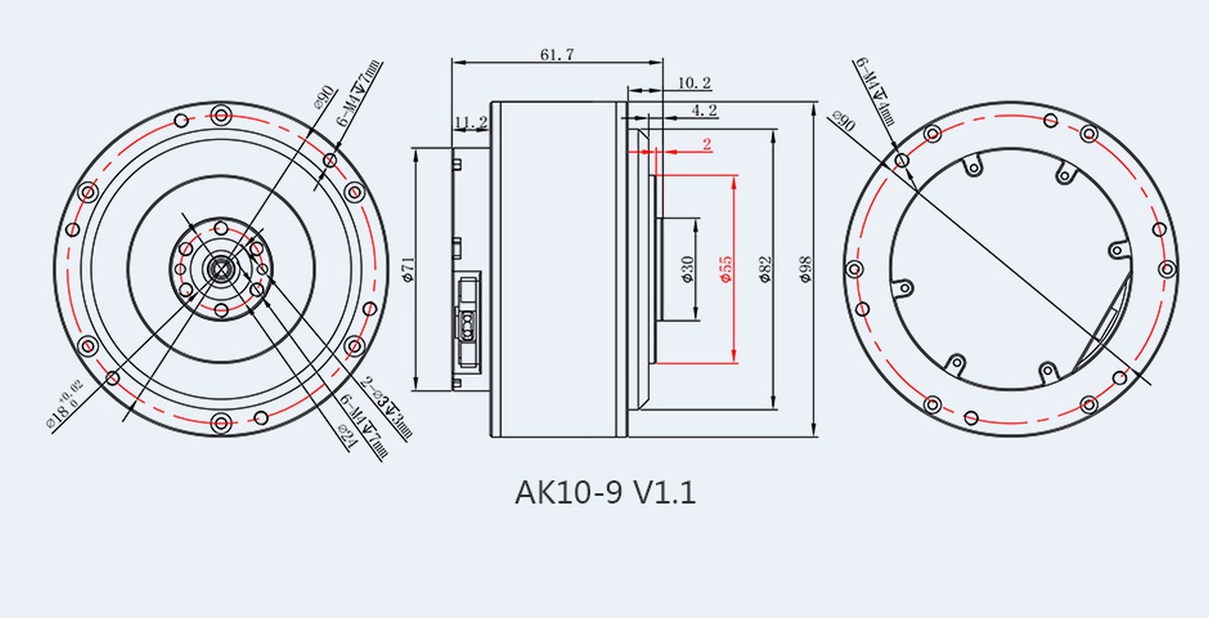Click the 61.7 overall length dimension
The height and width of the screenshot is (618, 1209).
557,54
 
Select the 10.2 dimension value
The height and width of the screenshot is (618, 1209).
693,82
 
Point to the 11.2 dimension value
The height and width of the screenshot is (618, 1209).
471,123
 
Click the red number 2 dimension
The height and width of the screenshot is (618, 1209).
707,144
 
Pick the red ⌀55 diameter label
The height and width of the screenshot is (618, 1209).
725,269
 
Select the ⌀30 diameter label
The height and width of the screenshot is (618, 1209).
687,269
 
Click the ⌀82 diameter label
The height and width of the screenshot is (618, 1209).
765,269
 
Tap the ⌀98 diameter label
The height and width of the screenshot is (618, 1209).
805,269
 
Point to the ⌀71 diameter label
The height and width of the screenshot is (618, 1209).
407,269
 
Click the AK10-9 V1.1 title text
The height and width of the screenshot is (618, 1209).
604,492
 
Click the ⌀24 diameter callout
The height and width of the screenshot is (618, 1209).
347,434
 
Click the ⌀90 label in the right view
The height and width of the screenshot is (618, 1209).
843,121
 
